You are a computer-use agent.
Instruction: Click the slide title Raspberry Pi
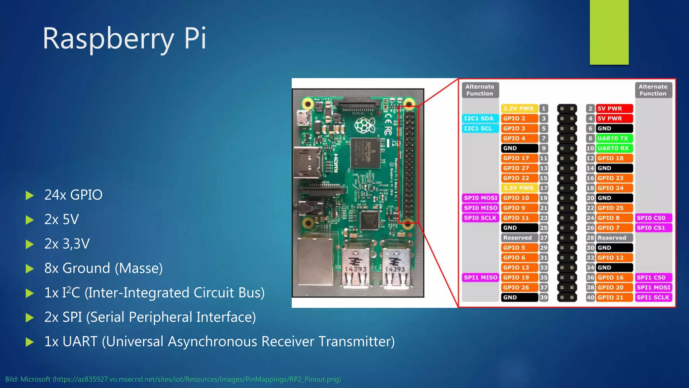pos(124,38)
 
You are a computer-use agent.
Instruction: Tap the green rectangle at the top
pos(609,32)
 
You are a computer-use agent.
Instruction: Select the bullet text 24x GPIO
pos(73,195)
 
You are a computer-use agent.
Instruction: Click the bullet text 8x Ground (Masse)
pos(103,268)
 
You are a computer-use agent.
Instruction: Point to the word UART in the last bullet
pos(80,342)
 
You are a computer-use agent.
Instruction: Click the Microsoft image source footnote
pos(173,379)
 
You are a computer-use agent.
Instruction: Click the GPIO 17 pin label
pos(518,158)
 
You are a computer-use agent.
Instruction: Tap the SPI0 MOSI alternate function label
pos(480,198)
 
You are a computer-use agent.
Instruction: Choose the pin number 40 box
pos(590,297)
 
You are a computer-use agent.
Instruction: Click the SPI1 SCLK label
pos(653,297)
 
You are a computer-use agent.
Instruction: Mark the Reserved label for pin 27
pos(518,238)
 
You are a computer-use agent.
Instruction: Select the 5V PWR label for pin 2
pos(614,108)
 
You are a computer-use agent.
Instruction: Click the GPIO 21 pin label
pos(614,297)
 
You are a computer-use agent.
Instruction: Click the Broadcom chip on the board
pos(365,153)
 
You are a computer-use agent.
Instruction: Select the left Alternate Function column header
pos(480,90)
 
